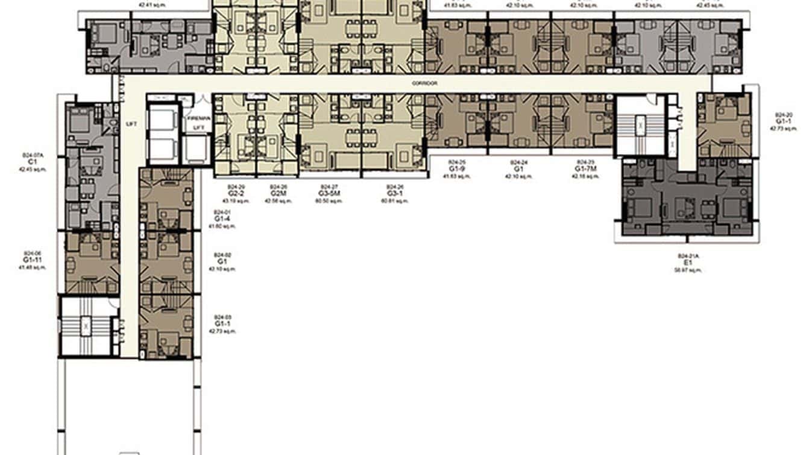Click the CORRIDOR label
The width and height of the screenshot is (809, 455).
tap(426, 83)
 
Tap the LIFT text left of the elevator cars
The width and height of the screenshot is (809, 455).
tap(132, 124)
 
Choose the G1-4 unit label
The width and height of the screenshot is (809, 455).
tap(222, 219)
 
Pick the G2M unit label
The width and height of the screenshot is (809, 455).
tap(278, 194)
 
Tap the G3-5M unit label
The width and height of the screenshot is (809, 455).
tap(328, 194)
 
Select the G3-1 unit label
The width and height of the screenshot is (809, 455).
tap(394, 194)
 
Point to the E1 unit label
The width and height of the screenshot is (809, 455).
tap(687, 263)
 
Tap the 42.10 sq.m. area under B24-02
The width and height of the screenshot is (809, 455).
tap(222, 269)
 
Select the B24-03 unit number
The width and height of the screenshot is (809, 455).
tap(222, 317)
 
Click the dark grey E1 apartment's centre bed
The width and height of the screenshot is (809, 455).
tap(684, 208)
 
